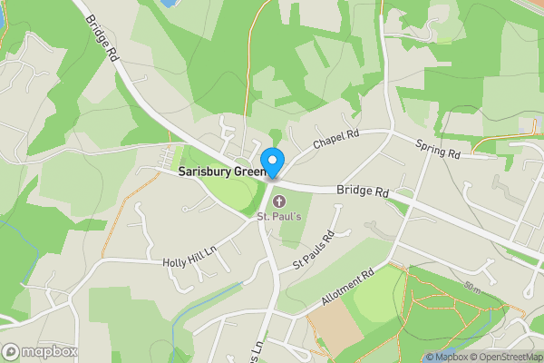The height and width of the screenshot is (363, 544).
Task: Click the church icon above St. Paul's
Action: (x=278, y=200)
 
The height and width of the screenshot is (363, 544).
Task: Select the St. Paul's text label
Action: (x=277, y=216)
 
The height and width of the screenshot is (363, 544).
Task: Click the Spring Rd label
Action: (x=439, y=149)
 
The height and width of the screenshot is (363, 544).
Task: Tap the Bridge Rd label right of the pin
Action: (x=362, y=192)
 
